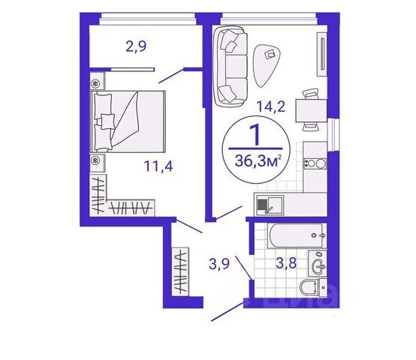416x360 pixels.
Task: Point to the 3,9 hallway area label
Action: [x=219, y=265]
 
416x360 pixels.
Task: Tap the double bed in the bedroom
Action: [x=128, y=121]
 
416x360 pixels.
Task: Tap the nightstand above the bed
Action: [x=96, y=80]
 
